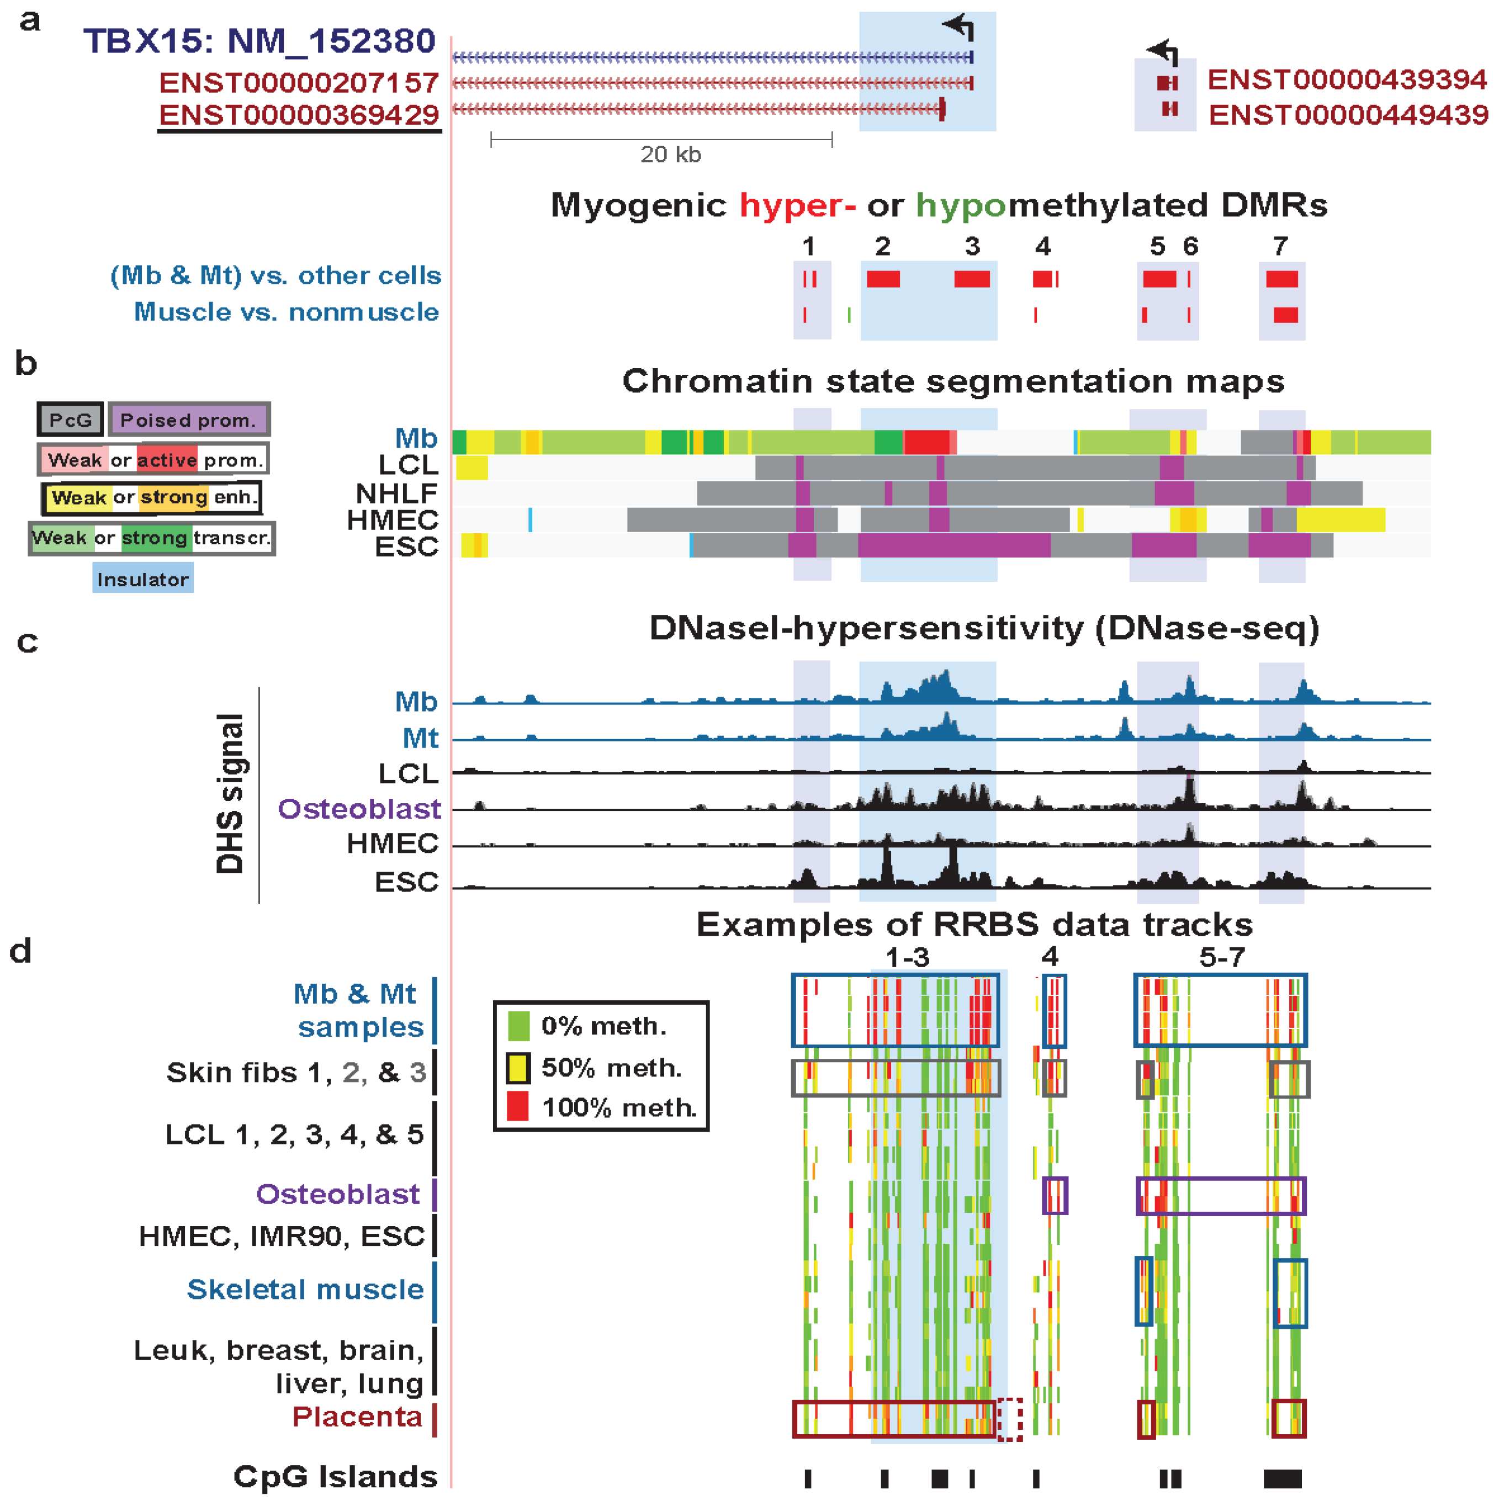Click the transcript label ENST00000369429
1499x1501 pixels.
point(299,115)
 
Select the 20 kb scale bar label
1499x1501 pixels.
point(670,155)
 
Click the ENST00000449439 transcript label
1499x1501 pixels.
point(1348,115)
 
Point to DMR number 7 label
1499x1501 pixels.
point(1280,247)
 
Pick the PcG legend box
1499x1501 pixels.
point(70,420)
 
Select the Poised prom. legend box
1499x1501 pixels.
point(189,420)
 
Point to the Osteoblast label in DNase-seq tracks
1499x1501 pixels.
point(359,809)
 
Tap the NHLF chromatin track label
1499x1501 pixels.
point(396,494)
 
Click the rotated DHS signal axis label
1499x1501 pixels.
point(230,793)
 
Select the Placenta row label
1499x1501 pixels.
point(357,1417)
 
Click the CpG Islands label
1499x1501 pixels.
point(335,1476)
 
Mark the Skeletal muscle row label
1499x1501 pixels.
point(305,1289)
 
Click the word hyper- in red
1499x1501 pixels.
point(797,206)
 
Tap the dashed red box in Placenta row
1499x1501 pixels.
point(1009,1419)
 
